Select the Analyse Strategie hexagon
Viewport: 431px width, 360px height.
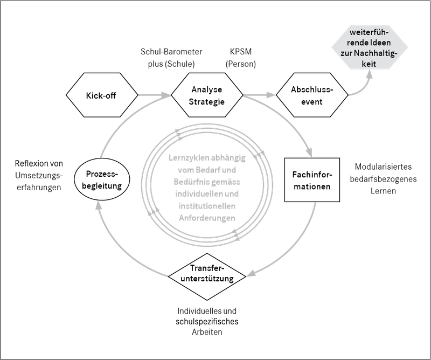pos(207,96)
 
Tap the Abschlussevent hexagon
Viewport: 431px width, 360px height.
pos(312,96)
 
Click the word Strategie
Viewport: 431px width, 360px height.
pos(207,102)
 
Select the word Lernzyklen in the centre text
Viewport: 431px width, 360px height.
pos(183,159)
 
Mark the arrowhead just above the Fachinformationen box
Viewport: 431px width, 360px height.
pos(309,153)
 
